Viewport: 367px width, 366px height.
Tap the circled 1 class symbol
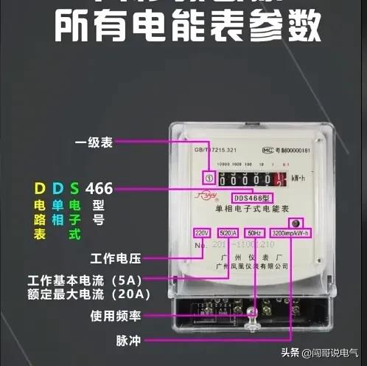click(x=209, y=177)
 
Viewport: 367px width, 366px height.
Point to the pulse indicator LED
click(x=296, y=222)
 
